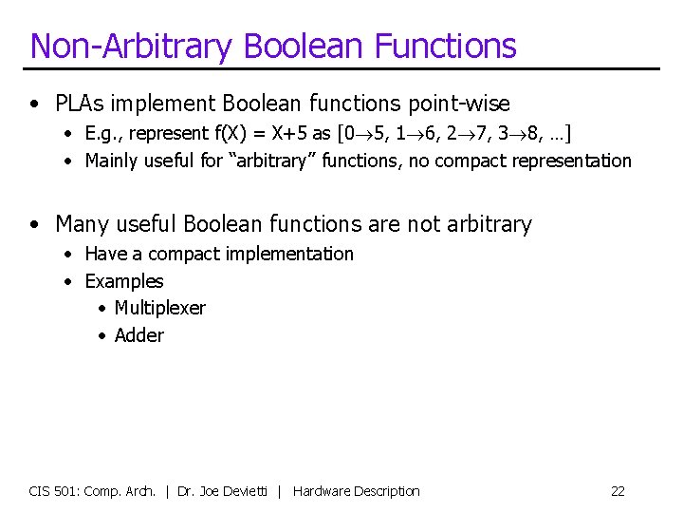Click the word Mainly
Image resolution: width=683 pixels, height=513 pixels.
click(113, 161)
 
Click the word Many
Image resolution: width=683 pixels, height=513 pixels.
click(81, 224)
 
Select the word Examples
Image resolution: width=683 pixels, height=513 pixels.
click(124, 281)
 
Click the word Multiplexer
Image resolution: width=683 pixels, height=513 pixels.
click(159, 308)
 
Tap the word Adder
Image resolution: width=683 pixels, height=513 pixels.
click(138, 335)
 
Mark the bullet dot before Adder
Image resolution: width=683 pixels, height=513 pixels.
click(102, 336)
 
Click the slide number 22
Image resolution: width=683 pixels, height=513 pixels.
click(618, 491)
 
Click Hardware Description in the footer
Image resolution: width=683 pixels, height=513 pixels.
click(356, 491)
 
